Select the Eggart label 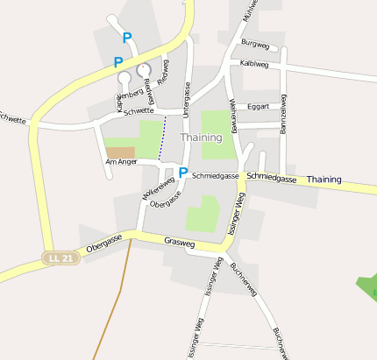click(259, 107)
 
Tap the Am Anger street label click(121, 162)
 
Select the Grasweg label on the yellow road click(181, 241)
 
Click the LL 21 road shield click(60, 258)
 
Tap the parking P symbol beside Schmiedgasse click(182, 173)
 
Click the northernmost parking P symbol click(127, 39)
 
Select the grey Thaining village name click(202, 138)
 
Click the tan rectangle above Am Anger click(121, 152)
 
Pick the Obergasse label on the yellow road click(103, 241)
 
